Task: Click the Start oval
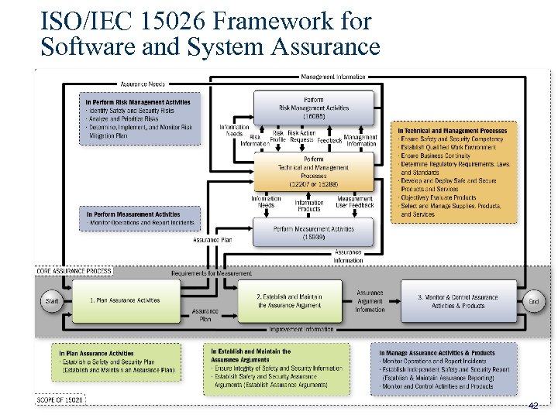[52, 301]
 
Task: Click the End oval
[533, 301]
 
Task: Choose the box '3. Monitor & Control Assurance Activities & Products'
[458, 301]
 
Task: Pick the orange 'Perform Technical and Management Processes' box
[314, 170]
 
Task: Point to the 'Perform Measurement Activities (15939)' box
[314, 232]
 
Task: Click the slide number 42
[533, 406]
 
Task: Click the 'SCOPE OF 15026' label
[60, 399]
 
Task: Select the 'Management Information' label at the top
[333, 77]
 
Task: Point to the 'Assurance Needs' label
[140, 84]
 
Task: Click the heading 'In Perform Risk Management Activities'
[138, 102]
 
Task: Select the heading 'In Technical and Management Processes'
[453, 130]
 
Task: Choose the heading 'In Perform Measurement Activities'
[133, 214]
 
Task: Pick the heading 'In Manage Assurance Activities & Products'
[437, 353]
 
